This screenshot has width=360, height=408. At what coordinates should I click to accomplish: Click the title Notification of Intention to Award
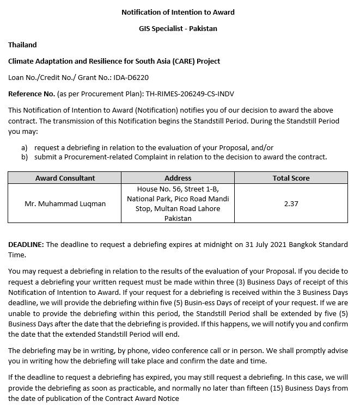[178, 12]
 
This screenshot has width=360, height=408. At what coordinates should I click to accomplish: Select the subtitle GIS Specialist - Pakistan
[178, 28]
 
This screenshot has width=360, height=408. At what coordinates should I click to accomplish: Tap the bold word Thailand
[22, 45]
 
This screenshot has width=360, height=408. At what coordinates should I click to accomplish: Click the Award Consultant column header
[65, 178]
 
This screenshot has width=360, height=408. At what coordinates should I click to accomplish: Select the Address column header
[178, 178]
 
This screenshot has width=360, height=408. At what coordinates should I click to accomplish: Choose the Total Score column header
[291, 178]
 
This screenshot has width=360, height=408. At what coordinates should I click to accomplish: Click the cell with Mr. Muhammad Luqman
[65, 204]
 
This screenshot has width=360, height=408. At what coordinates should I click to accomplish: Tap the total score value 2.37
[291, 204]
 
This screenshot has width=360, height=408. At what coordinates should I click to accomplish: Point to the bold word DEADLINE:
[26, 245]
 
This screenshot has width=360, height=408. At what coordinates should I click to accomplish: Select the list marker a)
[25, 147]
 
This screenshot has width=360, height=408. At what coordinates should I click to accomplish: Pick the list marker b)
[25, 157]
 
